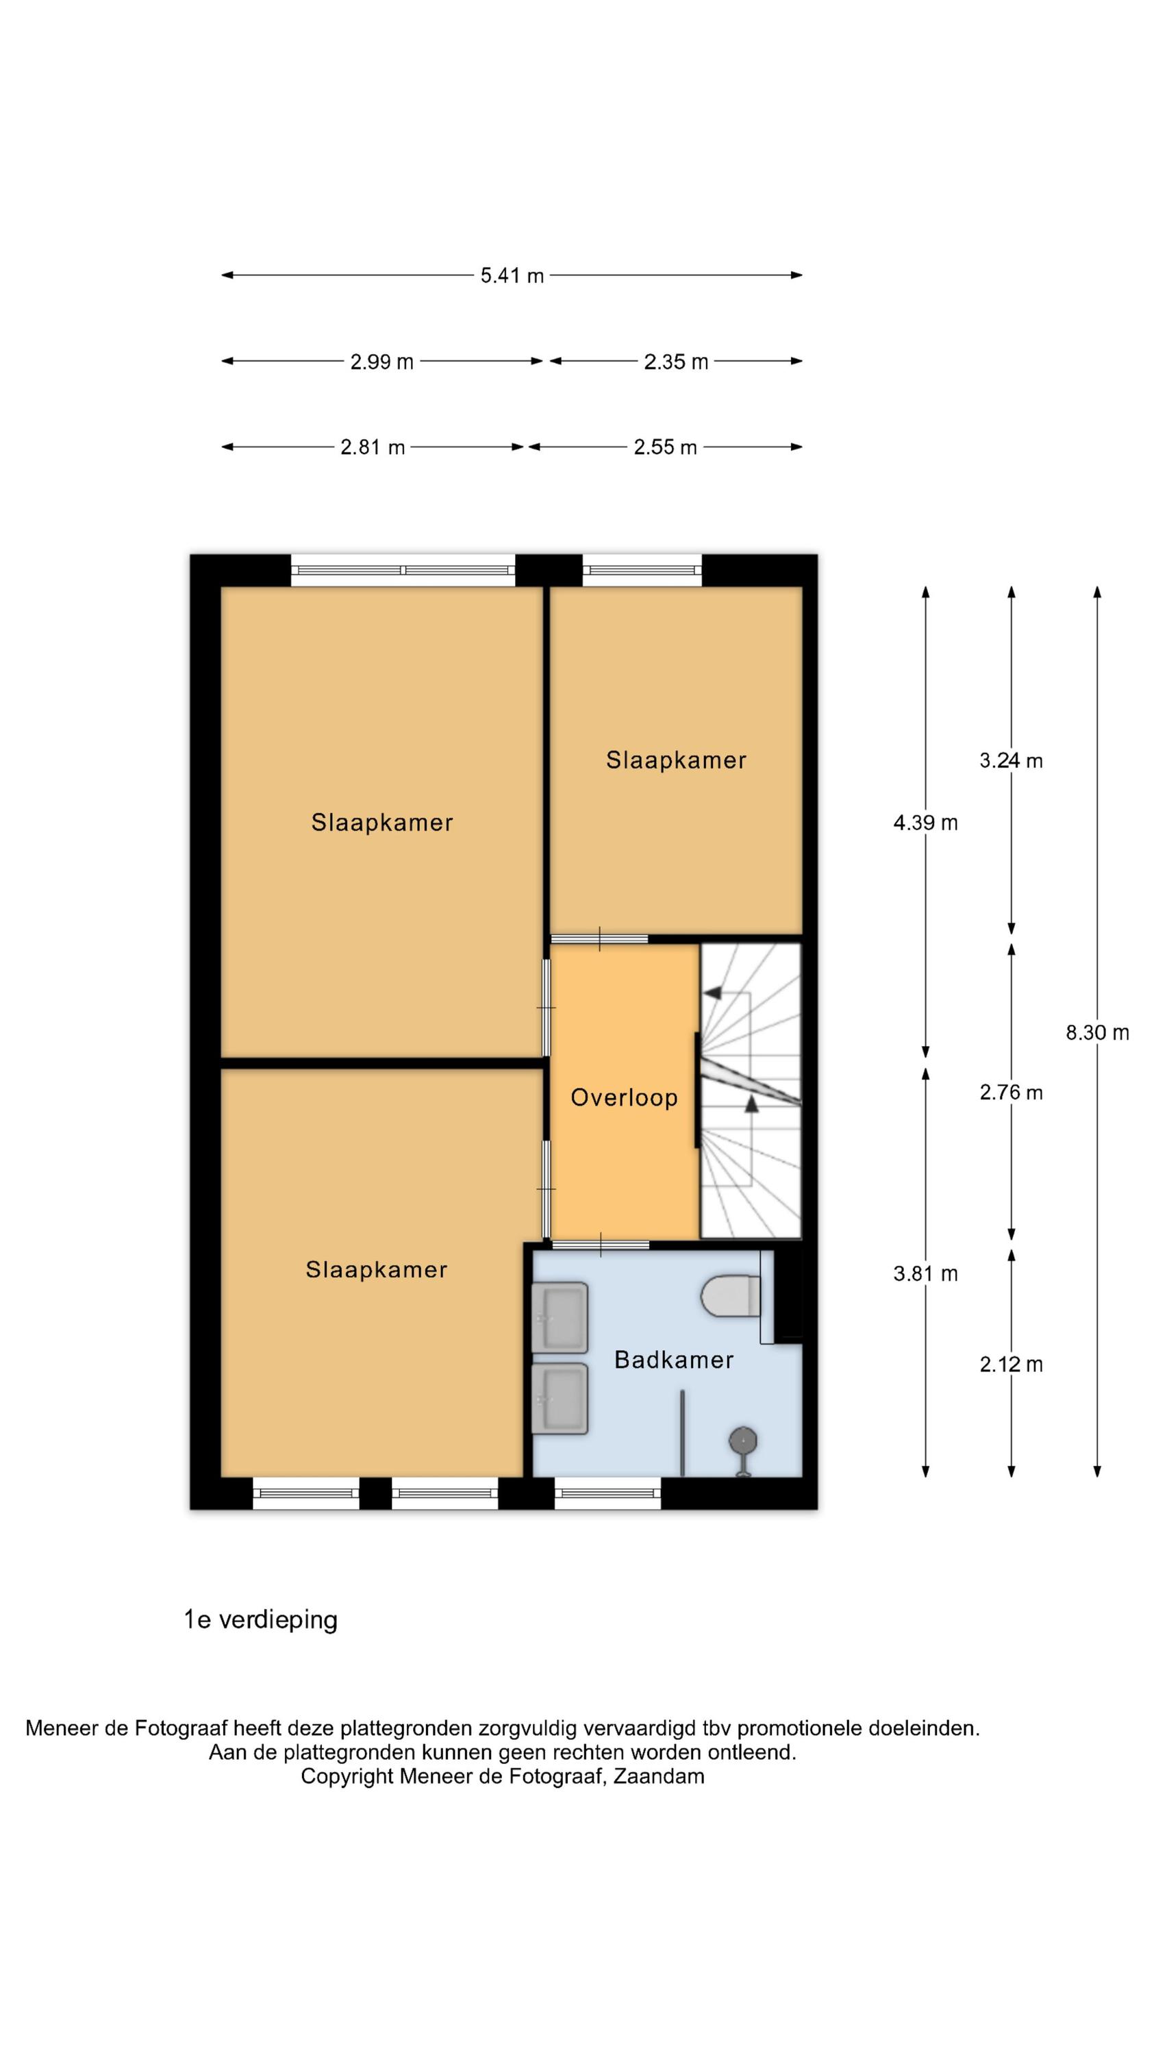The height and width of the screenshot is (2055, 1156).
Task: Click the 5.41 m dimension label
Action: point(512,275)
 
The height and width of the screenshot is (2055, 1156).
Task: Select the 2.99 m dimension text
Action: point(381,362)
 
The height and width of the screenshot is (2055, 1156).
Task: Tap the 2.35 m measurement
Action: point(676,362)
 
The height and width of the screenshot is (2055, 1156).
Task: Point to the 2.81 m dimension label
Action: point(373,447)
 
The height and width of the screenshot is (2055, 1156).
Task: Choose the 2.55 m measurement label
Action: point(666,447)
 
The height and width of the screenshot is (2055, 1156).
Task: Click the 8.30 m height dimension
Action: point(1097,1032)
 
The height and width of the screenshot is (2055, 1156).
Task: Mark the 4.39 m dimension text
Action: point(925,823)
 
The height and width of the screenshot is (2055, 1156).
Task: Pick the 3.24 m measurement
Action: point(1011,760)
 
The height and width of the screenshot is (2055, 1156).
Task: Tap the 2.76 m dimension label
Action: point(1011,1092)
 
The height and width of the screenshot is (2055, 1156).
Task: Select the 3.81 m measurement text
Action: point(925,1273)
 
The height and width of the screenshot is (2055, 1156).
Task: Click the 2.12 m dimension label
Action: point(1011,1364)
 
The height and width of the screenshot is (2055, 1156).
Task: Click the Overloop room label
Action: point(624,1097)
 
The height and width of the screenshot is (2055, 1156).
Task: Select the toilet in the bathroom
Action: point(730,1295)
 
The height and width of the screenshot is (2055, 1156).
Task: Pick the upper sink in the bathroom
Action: point(560,1317)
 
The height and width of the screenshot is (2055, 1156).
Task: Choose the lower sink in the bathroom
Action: point(560,1399)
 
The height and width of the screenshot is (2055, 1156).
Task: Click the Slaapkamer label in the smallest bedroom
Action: point(676,760)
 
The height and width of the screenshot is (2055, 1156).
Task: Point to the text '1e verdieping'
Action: point(261,1620)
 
